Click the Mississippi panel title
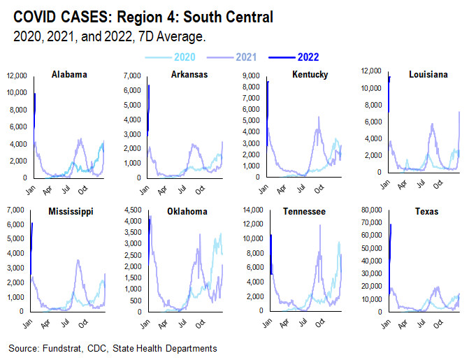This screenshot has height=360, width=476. (x=70, y=211)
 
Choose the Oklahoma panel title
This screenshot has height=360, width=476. (x=188, y=211)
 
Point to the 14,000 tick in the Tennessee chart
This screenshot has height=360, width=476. (x=251, y=210)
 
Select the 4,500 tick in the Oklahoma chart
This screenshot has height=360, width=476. (x=137, y=210)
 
